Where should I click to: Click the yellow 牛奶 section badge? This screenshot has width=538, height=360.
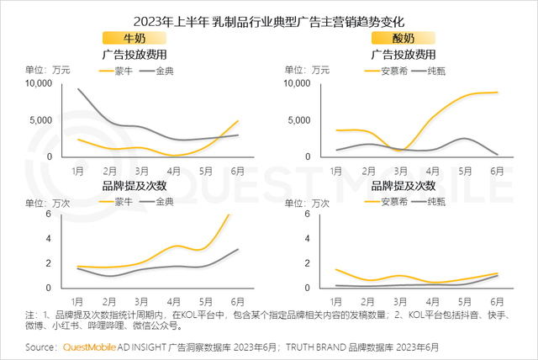pyautogui.click(x=133, y=39)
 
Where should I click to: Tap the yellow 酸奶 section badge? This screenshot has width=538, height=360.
pyautogui.click(x=403, y=39)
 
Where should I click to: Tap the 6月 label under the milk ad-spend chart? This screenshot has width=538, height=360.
pyautogui.click(x=237, y=171)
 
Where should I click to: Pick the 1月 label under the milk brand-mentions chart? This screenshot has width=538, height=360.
pyautogui.click(x=77, y=300)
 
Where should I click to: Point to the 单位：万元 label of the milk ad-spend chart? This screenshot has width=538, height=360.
pyautogui.click(x=47, y=70)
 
